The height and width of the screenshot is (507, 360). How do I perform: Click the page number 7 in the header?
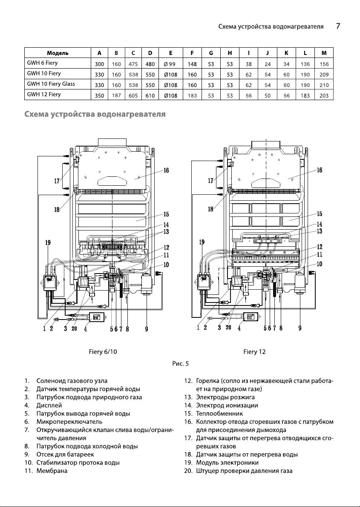point(338,26)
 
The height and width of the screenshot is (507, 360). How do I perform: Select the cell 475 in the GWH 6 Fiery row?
point(133,64)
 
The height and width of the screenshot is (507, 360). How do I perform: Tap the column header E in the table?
point(170,53)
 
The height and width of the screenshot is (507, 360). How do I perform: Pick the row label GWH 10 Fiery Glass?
point(51,84)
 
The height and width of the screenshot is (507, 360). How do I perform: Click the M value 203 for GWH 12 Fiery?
point(324,95)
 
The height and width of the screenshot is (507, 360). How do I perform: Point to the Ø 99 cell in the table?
point(170,64)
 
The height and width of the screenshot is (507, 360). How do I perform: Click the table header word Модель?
point(58,53)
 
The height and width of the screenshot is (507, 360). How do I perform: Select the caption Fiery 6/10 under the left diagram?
point(103,352)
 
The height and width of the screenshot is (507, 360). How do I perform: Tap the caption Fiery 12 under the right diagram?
point(254,352)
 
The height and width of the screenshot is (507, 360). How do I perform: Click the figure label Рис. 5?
point(181,364)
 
